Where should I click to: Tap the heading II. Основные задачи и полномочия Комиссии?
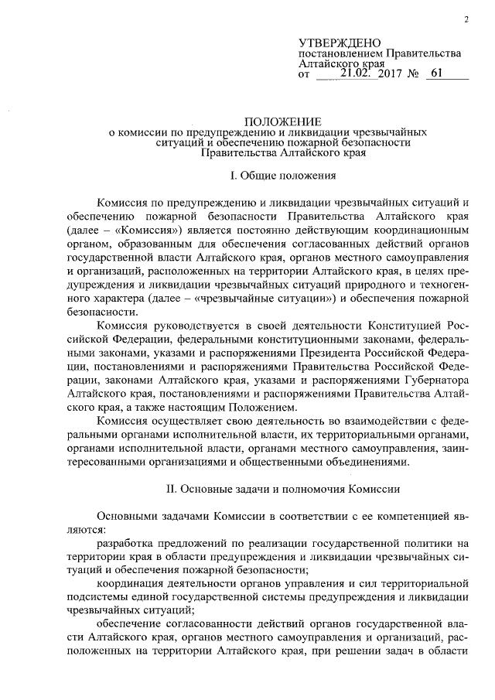[x=277, y=489]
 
